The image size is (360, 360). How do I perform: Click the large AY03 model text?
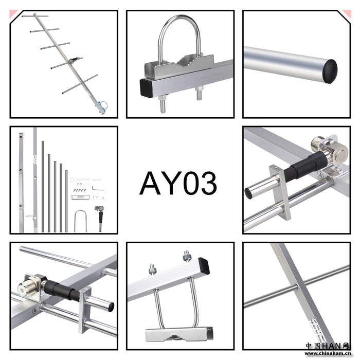178,184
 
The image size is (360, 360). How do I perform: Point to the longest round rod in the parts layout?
43,186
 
